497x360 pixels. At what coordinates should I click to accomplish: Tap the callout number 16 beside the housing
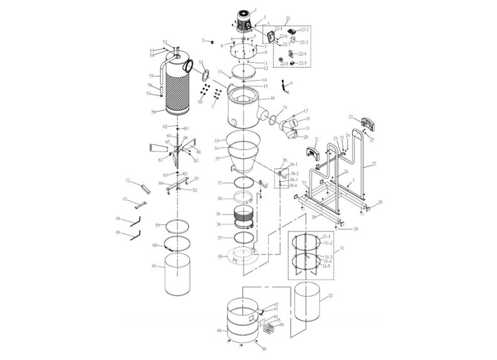tap(272, 98)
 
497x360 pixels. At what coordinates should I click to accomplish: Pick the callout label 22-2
tap(305, 29)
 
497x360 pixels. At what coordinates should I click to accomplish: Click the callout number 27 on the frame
tap(374, 164)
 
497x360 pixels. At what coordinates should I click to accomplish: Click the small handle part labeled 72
tap(141, 186)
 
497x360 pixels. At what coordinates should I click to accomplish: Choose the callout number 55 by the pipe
tap(151, 76)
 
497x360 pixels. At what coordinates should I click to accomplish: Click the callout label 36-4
tap(292, 186)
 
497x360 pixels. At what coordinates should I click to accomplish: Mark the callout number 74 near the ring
tap(284, 107)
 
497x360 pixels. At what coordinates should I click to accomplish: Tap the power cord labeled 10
tap(286, 86)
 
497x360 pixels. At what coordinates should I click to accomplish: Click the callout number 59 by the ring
tap(158, 225)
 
